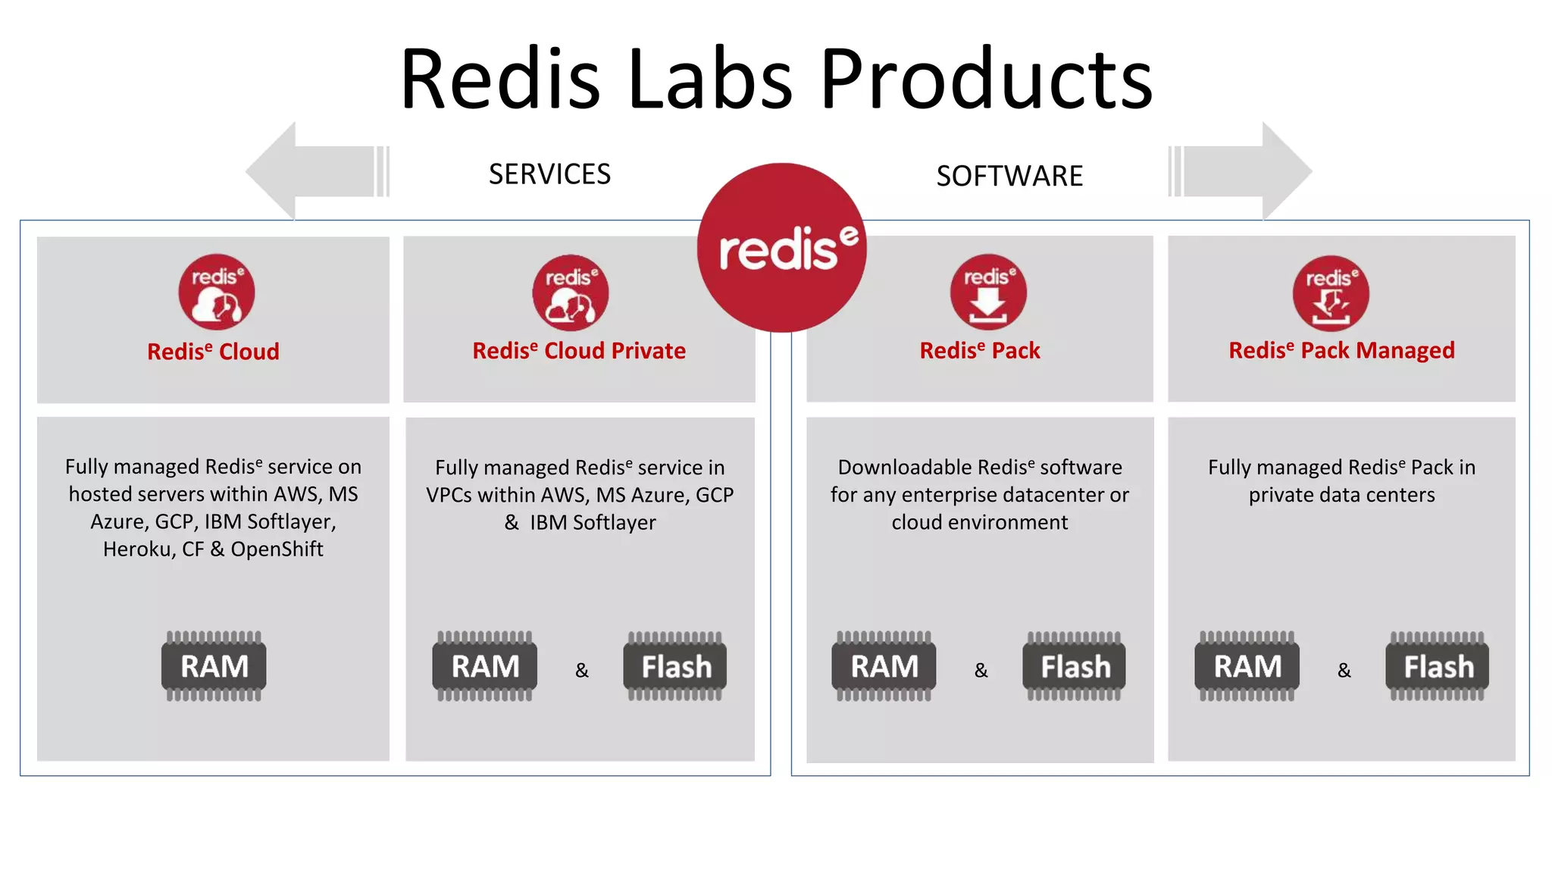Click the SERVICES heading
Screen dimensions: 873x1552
tap(549, 174)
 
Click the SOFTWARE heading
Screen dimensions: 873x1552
tap(1009, 176)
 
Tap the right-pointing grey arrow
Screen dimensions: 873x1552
tap(1243, 171)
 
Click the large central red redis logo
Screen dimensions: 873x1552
tap(782, 248)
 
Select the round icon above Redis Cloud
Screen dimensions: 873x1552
tap(216, 292)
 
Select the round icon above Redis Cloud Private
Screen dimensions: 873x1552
tap(570, 293)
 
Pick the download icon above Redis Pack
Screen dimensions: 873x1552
tap(988, 292)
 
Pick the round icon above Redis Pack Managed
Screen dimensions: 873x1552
tap(1331, 293)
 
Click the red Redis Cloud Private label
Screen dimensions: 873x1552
tap(579, 351)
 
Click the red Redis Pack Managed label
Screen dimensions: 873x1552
tap(1341, 350)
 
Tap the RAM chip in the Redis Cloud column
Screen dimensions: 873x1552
tap(214, 666)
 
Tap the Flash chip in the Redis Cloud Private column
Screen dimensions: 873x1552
tap(675, 666)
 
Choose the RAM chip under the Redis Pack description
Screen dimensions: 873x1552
tap(884, 666)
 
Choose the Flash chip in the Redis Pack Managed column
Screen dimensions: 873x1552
tap(1438, 666)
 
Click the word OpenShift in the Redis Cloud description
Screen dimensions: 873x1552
tap(277, 549)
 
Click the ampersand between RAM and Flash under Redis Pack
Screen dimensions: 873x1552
tap(981, 671)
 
